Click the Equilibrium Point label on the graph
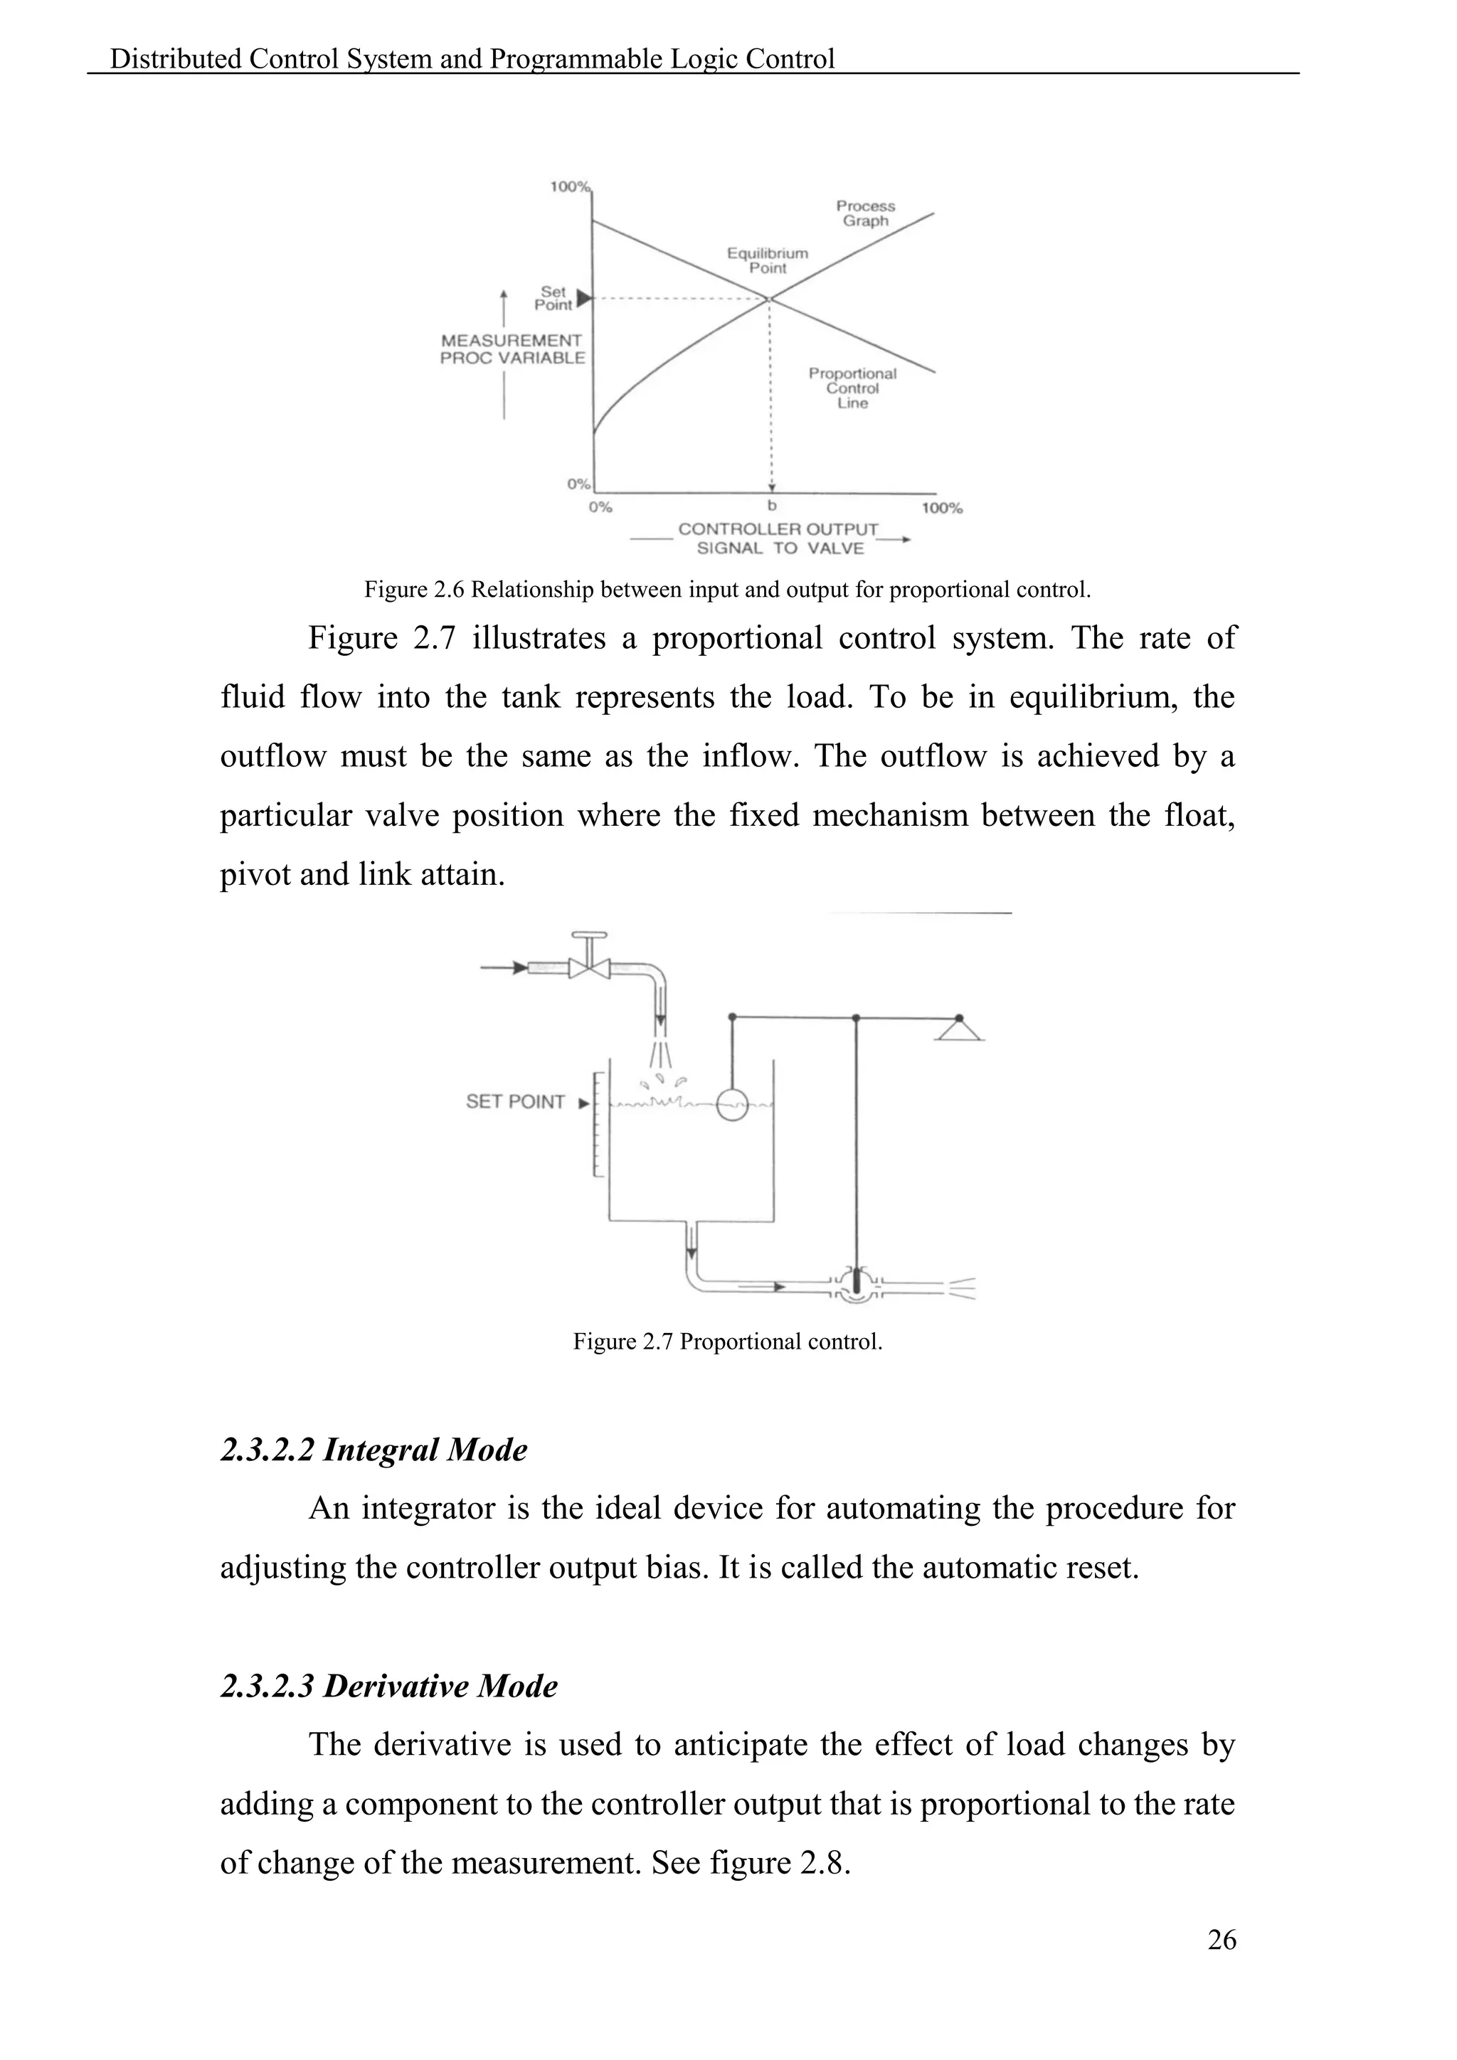[767, 260]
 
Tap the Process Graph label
[865, 213]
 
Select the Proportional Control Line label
[852, 388]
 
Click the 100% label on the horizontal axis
[942, 509]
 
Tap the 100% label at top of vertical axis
[569, 186]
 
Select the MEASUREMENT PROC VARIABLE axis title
[512, 349]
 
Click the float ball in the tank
[733, 1105]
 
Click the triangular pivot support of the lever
[959, 1029]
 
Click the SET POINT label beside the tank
[515, 1102]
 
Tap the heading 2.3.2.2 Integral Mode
[373, 1450]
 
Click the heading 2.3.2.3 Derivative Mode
[388, 1686]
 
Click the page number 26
[1221, 1940]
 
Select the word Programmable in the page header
[576, 59]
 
